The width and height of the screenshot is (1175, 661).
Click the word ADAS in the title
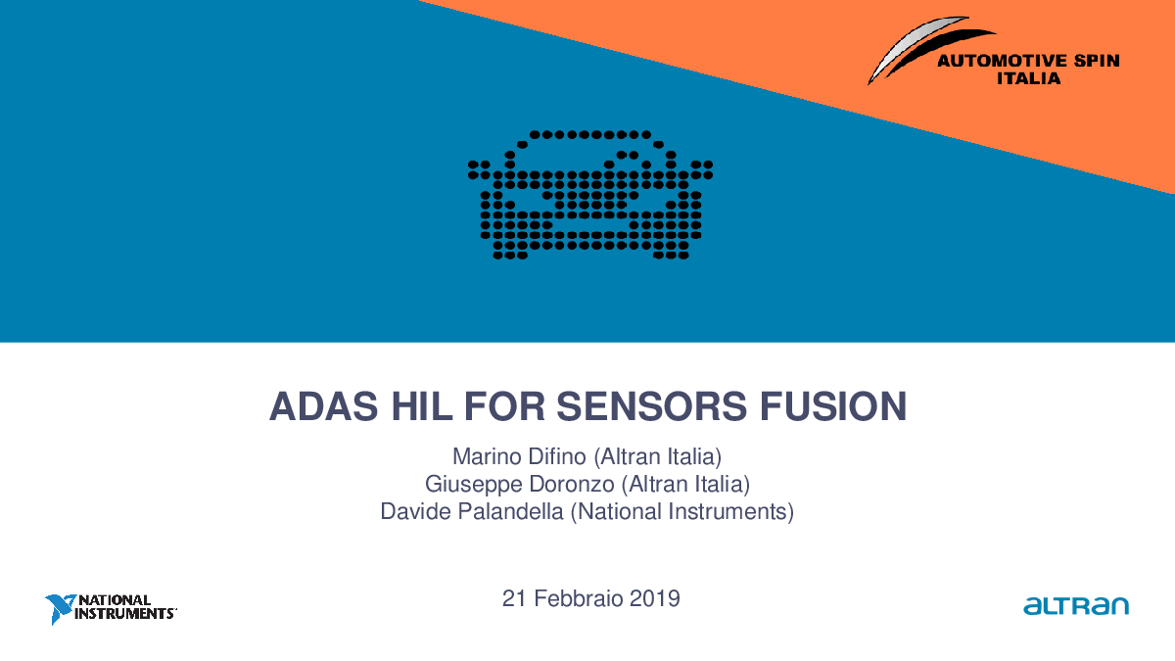[324, 406]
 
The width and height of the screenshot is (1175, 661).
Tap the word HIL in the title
[422, 406]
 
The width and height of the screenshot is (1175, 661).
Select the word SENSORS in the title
[651, 406]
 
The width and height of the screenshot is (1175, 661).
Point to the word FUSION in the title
[833, 406]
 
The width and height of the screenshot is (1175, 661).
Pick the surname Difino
[557, 456]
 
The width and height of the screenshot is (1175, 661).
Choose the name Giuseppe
[474, 485]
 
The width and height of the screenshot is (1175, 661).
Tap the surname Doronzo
[572, 484]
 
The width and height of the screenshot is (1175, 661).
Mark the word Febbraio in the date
[578, 598]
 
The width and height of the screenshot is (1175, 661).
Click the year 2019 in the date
[655, 598]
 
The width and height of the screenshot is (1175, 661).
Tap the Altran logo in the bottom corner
[1076, 605]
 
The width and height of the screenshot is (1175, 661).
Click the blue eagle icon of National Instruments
[61, 608]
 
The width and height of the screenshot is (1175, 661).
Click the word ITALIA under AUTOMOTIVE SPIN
[1029, 78]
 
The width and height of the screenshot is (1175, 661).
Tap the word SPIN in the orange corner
[1097, 61]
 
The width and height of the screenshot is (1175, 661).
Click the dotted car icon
[590, 195]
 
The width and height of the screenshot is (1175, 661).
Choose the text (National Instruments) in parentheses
[681, 511]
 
